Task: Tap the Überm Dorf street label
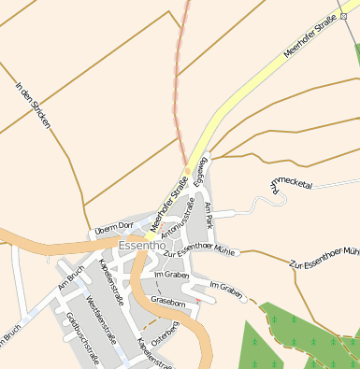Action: (x=114, y=227)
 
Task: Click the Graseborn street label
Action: (x=169, y=304)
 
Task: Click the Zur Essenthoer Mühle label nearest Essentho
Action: (x=198, y=249)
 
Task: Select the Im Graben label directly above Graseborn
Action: (x=171, y=276)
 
